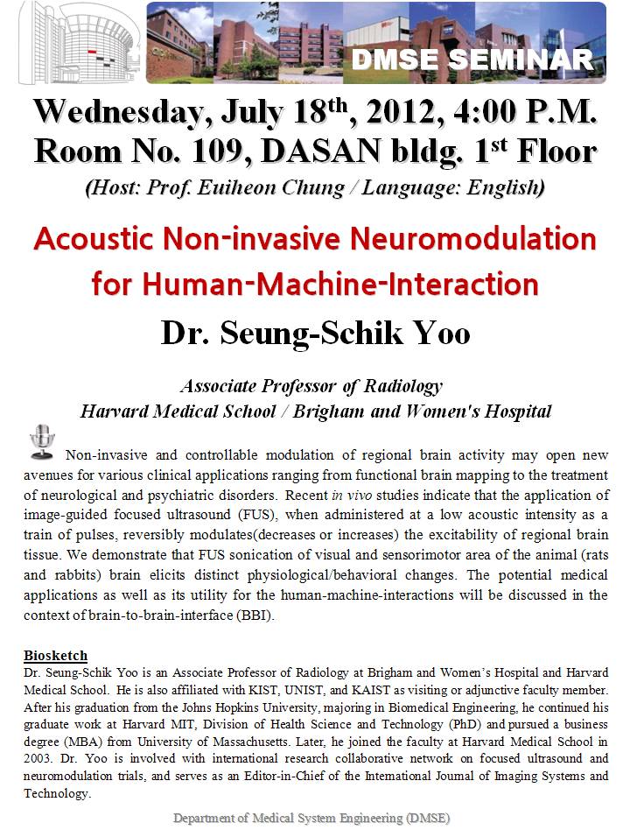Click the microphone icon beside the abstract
[41, 441]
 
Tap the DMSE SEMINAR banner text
[472, 60]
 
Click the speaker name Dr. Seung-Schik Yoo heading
[315, 334]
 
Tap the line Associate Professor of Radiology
[311, 385]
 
